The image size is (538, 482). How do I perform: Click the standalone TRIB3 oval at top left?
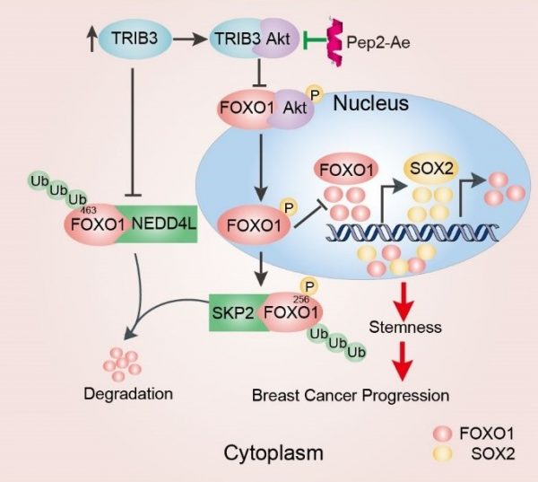tap(134, 39)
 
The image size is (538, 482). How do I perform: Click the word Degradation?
tap(127, 393)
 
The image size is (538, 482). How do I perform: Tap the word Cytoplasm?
tap(273, 451)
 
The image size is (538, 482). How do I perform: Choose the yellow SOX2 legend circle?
tap(444, 451)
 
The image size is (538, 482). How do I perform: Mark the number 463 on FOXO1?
tap(87, 208)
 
